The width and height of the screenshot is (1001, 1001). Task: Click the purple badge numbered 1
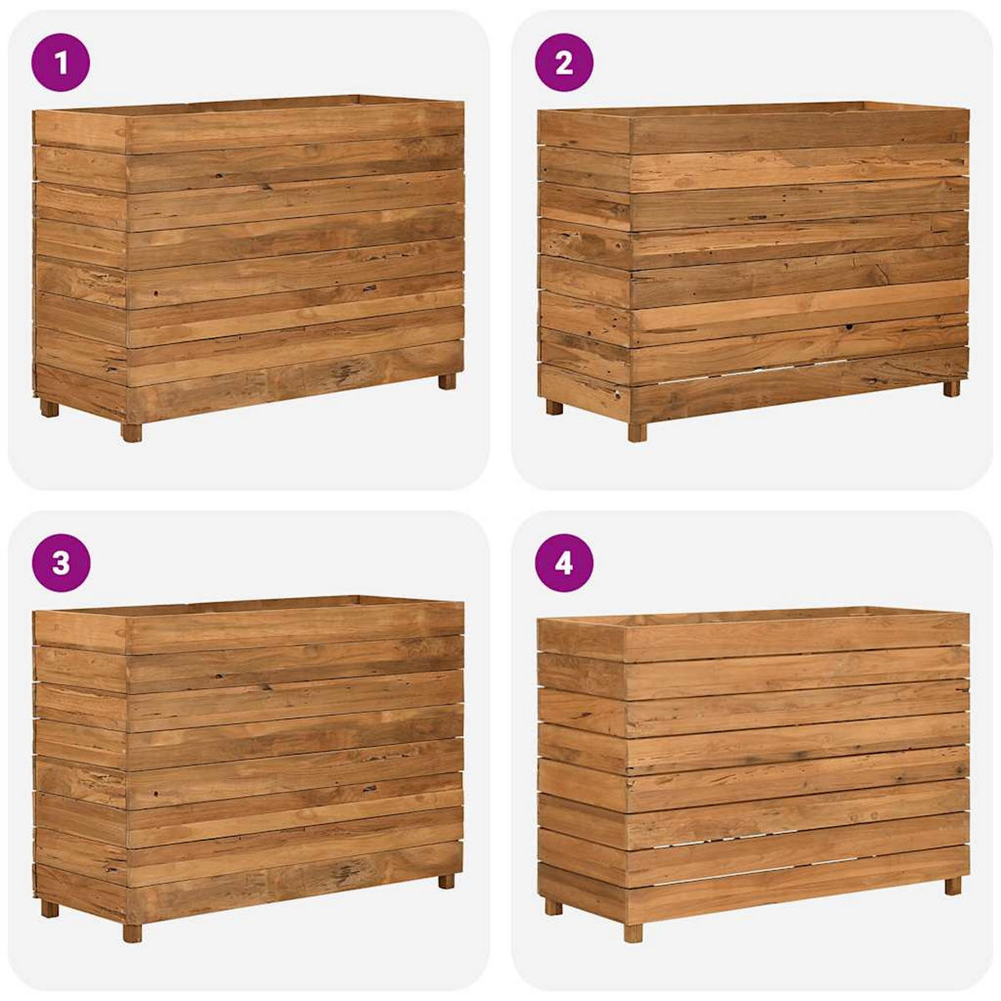(x=60, y=62)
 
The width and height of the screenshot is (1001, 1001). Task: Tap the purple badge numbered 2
(x=564, y=62)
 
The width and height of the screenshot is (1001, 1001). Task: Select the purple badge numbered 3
(x=60, y=563)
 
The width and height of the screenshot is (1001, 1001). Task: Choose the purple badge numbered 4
(x=564, y=563)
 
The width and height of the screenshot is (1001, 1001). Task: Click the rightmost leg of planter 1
(x=447, y=381)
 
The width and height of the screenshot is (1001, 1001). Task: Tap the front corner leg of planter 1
(x=132, y=432)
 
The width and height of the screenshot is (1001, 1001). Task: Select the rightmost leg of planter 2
(x=952, y=388)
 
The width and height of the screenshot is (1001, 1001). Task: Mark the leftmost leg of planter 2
(x=554, y=407)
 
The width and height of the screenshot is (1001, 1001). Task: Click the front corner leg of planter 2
(x=637, y=432)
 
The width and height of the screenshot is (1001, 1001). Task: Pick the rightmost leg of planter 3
(x=447, y=881)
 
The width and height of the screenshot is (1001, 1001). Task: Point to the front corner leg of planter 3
(x=132, y=933)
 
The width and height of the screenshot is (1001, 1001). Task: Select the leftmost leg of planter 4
(x=553, y=907)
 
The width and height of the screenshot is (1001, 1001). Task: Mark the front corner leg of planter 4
(x=634, y=932)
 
